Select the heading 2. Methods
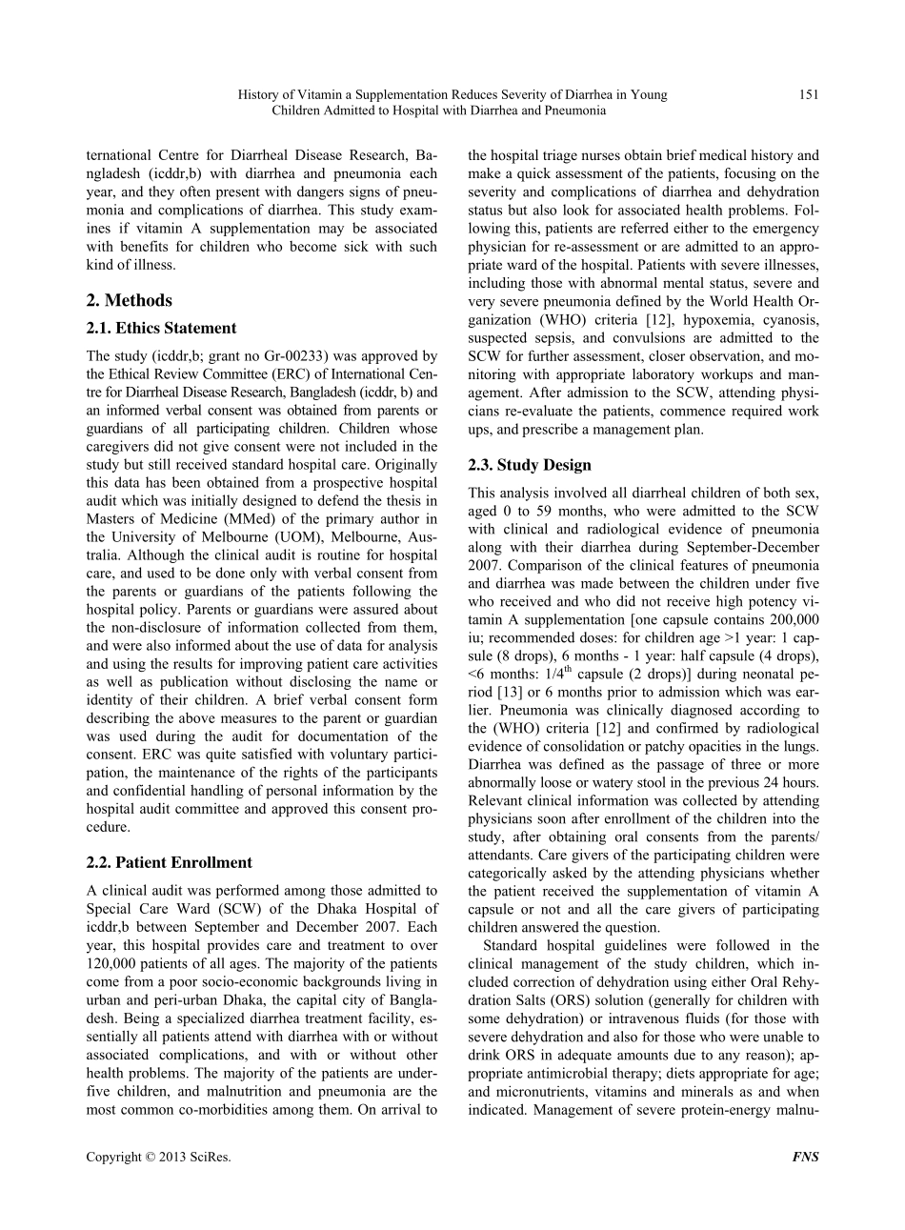[x=129, y=300]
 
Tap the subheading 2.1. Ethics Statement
[x=161, y=329]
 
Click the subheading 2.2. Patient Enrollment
[x=169, y=862]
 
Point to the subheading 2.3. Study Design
[x=530, y=465]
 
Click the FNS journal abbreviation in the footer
[x=805, y=1158]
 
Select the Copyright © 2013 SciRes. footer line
[x=158, y=1158]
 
